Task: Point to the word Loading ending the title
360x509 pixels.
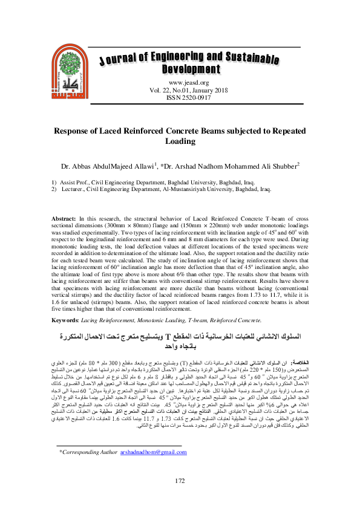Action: coord(180,141)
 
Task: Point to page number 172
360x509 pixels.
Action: coord(180,497)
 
